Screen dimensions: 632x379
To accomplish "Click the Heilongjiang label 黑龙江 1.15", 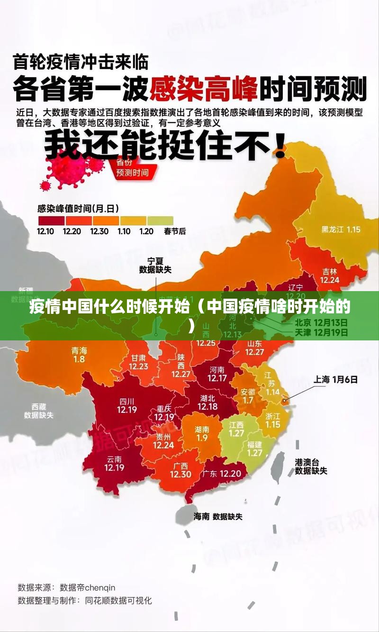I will pyautogui.click(x=341, y=229).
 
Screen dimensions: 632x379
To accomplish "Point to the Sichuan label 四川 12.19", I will pyautogui.click(x=126, y=405).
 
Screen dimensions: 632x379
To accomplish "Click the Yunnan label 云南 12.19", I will pyautogui.click(x=114, y=463).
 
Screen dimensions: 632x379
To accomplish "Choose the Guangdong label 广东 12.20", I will pyautogui.click(x=222, y=474).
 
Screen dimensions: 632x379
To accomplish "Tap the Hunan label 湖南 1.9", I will pyautogui.click(x=202, y=433).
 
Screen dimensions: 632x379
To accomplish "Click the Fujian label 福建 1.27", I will pyautogui.click(x=254, y=449).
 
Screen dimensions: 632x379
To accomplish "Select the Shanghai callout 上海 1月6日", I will pyautogui.click(x=335, y=379).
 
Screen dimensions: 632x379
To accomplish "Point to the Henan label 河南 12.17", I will pyautogui.click(x=217, y=374).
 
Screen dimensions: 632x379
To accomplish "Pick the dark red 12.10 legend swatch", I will pyautogui.click(x=51, y=220).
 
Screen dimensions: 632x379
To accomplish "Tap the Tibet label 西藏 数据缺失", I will pyautogui.click(x=39, y=411).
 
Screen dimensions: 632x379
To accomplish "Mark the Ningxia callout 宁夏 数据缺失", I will pyautogui.click(x=155, y=265).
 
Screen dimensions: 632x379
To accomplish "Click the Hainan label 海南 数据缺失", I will pyautogui.click(x=217, y=516).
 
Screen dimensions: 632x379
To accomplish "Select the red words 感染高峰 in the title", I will pyautogui.click(x=204, y=89).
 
